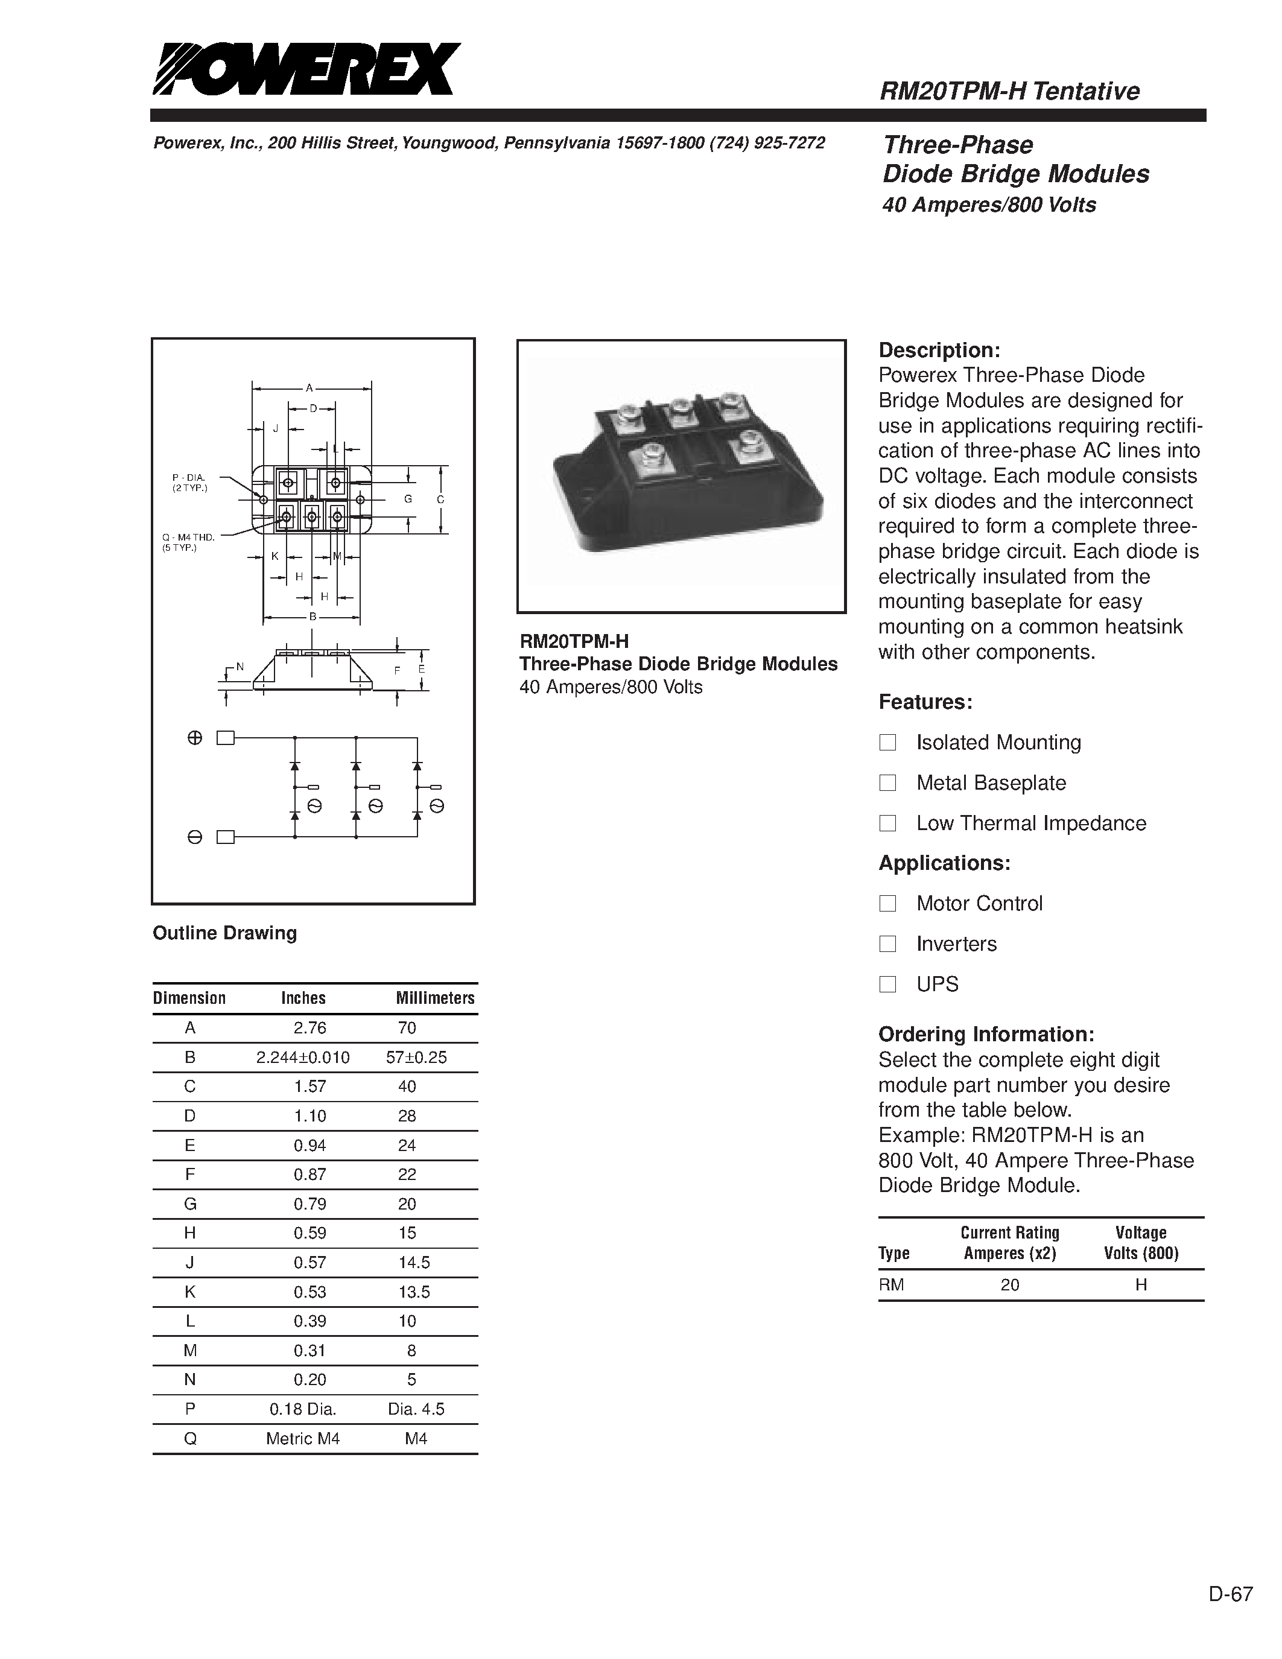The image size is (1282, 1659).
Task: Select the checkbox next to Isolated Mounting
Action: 887,742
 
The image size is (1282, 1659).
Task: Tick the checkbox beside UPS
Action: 887,985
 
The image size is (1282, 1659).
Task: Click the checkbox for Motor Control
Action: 887,903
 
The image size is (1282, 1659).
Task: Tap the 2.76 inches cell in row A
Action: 310,1028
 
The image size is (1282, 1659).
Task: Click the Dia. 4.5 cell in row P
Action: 416,1409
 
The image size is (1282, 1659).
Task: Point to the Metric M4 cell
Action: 302,1439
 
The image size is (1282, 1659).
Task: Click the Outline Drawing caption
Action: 225,933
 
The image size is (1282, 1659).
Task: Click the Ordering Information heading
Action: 986,1035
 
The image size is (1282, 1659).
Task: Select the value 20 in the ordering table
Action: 1009,1284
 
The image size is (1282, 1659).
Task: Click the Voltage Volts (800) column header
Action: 1141,1243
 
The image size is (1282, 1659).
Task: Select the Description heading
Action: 939,350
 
